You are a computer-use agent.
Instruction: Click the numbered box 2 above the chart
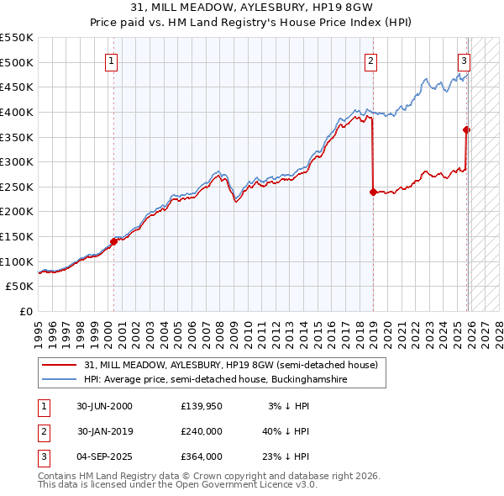click(x=370, y=60)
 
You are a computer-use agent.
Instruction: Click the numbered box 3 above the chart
click(x=464, y=60)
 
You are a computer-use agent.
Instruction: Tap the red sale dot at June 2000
click(x=113, y=241)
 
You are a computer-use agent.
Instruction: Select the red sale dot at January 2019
click(x=372, y=192)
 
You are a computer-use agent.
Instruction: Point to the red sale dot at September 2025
click(x=466, y=129)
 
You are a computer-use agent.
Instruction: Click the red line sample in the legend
click(x=59, y=365)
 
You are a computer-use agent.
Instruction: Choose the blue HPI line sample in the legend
click(x=59, y=380)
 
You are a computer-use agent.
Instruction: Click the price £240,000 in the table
click(x=202, y=431)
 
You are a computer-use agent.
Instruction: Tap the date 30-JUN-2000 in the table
click(x=104, y=406)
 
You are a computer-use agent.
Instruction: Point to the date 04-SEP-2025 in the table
click(x=105, y=456)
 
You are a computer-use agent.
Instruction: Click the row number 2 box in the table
click(x=44, y=431)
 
